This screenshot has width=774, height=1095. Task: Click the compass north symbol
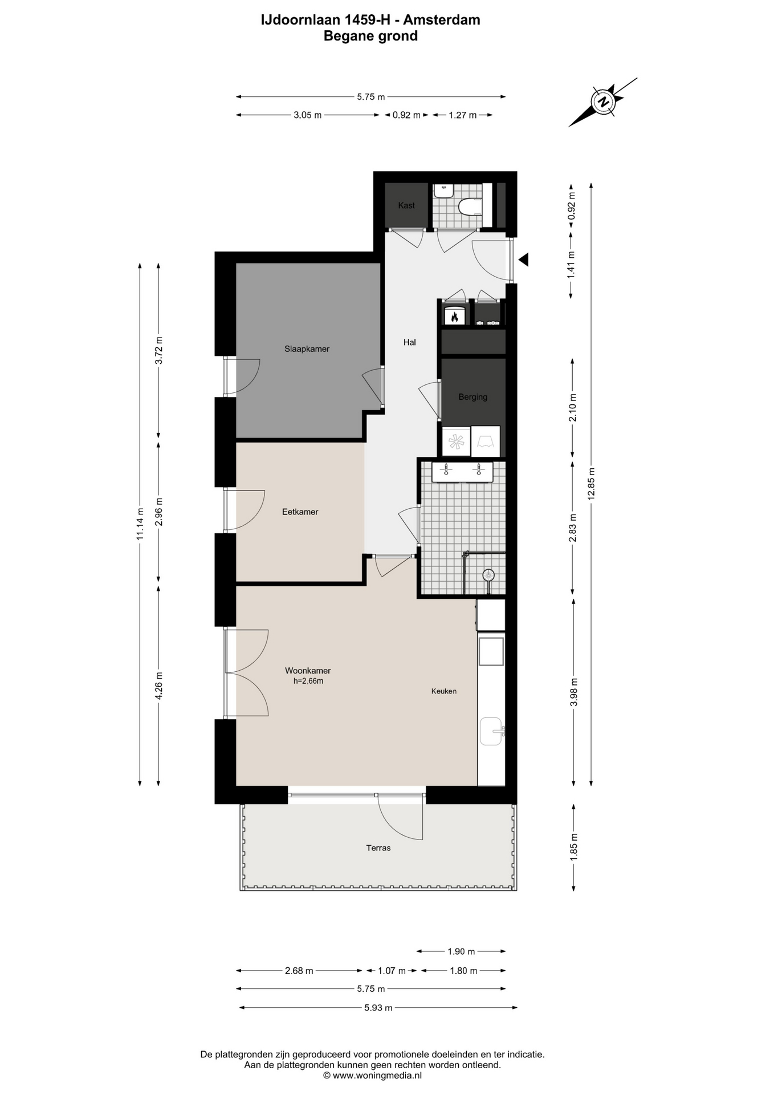click(x=603, y=102)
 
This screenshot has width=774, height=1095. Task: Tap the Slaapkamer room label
click(x=307, y=349)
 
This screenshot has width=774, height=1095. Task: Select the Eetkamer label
click(x=300, y=512)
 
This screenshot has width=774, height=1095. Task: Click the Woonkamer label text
click(x=308, y=671)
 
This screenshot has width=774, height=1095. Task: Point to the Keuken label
click(x=444, y=691)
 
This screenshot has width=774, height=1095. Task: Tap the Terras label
click(x=378, y=848)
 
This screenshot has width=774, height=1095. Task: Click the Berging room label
click(x=473, y=397)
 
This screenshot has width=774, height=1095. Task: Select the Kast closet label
click(x=406, y=205)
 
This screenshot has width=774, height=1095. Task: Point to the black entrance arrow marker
click(x=524, y=260)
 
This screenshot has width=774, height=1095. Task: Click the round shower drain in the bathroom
click(x=488, y=575)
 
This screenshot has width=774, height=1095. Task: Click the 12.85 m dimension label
click(x=591, y=484)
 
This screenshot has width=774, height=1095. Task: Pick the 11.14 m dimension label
click(x=140, y=524)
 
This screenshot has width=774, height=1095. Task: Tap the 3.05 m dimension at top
click(x=308, y=115)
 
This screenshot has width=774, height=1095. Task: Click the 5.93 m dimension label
click(x=378, y=1008)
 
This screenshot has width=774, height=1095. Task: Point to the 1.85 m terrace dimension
click(x=574, y=847)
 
